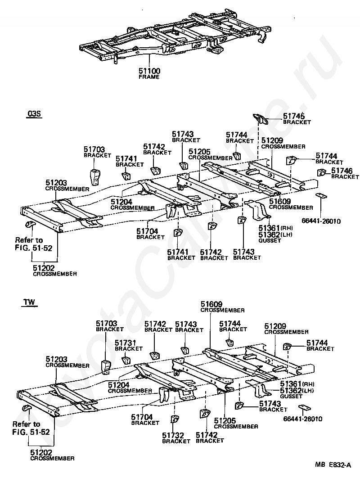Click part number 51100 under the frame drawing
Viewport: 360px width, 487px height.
click(x=149, y=71)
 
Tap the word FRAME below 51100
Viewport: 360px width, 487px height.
click(x=149, y=77)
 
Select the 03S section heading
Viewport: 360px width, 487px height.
click(x=34, y=114)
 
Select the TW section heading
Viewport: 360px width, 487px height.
click(x=29, y=302)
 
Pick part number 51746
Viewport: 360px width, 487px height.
click(x=342, y=171)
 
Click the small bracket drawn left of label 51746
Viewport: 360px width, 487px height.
click(x=321, y=172)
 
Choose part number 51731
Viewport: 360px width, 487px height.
click(x=126, y=343)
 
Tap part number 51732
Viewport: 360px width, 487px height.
click(x=173, y=435)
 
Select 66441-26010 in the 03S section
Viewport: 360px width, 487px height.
click(x=321, y=221)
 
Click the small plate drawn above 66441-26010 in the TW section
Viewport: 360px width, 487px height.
click(x=303, y=408)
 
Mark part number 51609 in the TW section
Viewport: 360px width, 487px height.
click(x=211, y=304)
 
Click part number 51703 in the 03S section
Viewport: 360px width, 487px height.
click(x=94, y=149)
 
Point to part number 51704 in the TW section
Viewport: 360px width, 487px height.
click(x=142, y=417)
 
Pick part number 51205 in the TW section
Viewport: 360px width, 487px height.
click(x=225, y=420)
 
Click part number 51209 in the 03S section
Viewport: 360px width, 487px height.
click(x=272, y=140)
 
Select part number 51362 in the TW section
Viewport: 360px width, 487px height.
click(x=291, y=391)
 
